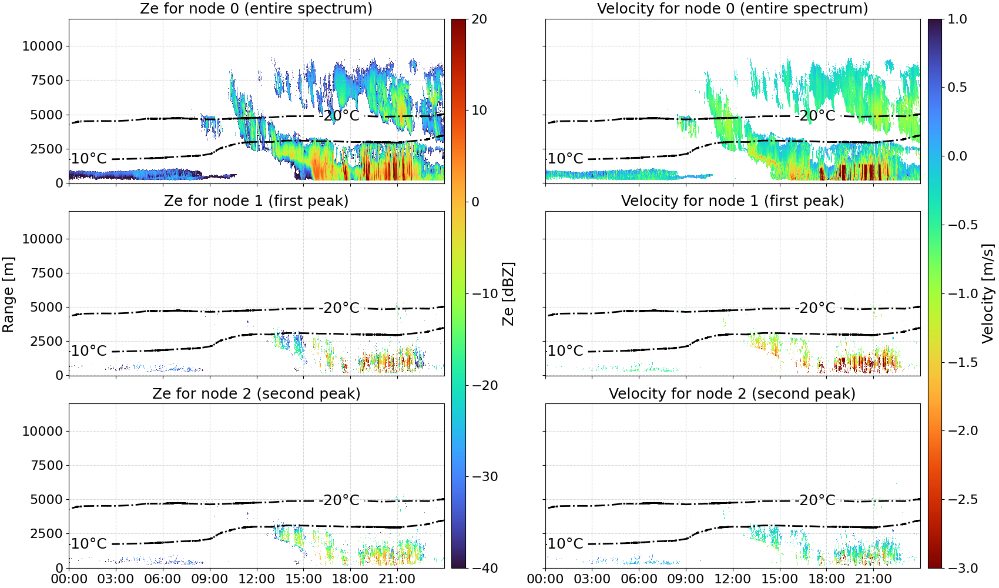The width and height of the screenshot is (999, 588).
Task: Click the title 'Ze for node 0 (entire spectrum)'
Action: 256,8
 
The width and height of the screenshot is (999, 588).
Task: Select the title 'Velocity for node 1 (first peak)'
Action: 732,201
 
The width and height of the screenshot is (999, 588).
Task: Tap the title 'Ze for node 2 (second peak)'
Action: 256,393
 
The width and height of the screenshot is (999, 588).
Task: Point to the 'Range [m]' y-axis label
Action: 8,294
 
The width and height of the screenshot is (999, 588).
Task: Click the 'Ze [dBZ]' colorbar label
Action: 508,293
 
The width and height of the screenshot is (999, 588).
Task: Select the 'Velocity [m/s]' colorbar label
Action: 988,293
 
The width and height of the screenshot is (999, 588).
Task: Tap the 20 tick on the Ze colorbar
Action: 479,19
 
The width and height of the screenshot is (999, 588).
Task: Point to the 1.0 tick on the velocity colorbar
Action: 957,19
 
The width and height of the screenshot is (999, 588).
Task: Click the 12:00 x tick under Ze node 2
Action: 256,579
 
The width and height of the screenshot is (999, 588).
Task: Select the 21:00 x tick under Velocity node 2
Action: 873,579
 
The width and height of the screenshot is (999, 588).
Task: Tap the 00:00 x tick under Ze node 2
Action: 69,579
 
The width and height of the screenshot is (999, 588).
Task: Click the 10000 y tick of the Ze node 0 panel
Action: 42,46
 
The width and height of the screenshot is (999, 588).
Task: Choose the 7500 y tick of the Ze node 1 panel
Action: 46,273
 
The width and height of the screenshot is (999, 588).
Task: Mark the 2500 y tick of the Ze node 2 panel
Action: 46,533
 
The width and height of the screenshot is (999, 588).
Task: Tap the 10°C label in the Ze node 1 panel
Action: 89,351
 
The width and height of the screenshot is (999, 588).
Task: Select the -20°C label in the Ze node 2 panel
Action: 339,500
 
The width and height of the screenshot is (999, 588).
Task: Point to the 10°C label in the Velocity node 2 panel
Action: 565,544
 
